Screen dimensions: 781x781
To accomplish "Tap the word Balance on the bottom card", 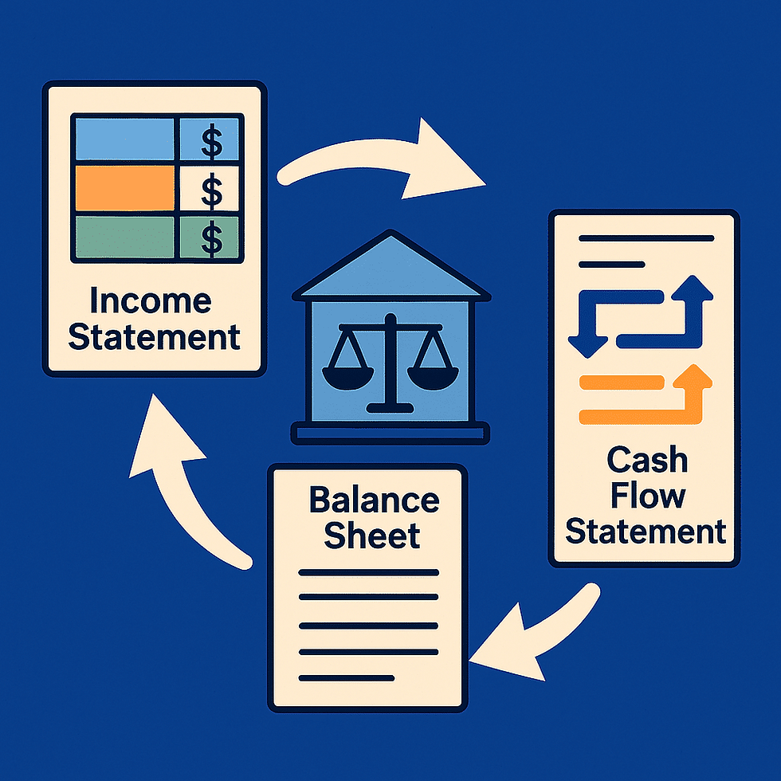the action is pos(374,500).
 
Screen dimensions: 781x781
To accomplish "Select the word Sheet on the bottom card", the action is pos(372,536).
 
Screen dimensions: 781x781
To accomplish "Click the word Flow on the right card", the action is pos(648,496).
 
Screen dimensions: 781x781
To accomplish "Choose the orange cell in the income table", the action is pos(124,188).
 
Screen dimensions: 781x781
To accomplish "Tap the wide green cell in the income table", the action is pos(124,237).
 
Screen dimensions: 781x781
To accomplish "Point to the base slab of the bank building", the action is pos(390,434).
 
